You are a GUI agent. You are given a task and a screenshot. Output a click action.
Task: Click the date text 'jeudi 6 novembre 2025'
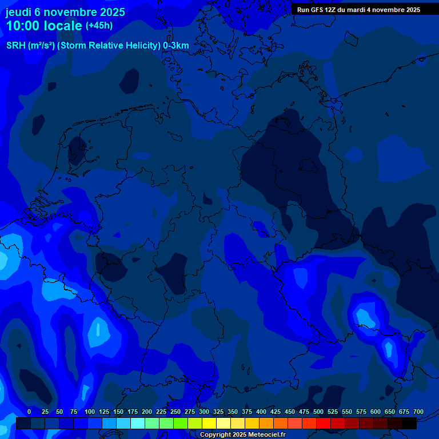point(65,12)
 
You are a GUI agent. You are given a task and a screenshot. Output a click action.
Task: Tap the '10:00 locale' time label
point(45,26)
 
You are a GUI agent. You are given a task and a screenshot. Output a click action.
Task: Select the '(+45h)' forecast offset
point(99,26)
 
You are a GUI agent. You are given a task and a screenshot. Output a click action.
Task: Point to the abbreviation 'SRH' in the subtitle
point(16,46)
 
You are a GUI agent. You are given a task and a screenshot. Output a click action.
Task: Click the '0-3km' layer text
point(176,46)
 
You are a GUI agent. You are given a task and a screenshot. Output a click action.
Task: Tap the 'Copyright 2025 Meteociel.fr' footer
point(242,435)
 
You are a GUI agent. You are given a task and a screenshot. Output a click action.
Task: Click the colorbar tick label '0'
point(29,412)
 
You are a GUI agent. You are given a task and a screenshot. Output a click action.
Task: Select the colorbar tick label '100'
point(90,412)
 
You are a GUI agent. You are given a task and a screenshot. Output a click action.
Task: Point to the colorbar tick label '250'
point(175,412)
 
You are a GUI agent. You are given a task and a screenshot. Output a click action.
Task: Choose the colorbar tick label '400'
point(261,412)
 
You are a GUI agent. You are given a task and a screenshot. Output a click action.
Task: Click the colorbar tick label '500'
point(318,412)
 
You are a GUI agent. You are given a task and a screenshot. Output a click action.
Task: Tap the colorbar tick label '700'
point(418,412)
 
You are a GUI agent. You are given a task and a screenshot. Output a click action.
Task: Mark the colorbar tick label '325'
point(218,412)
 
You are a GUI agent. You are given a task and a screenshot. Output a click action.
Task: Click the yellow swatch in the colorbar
point(209,424)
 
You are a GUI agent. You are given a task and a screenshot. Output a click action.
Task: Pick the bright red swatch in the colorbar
point(324,424)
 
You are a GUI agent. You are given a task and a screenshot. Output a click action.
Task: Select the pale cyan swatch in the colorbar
point(138,424)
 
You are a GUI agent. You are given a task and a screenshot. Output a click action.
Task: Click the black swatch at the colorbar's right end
point(409,424)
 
